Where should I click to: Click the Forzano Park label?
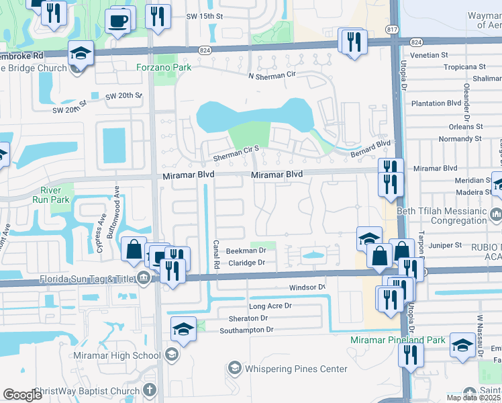click(x=164, y=67)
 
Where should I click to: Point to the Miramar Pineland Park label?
click(x=398, y=341)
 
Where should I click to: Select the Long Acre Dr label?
click(x=270, y=306)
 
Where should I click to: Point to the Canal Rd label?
click(x=216, y=253)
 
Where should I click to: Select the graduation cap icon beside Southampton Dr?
click(x=183, y=328)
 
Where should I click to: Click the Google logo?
click(x=23, y=395)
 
